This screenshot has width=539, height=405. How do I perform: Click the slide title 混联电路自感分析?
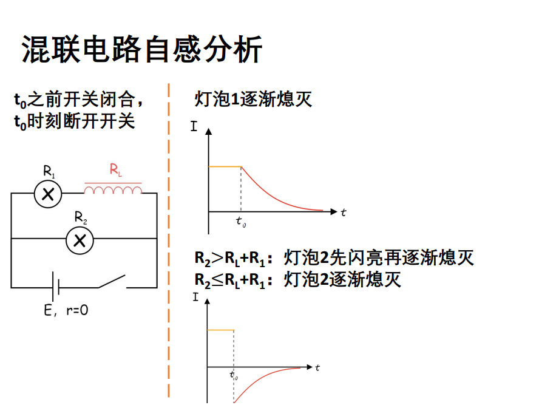[142, 49]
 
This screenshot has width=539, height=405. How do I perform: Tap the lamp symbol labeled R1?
[48, 194]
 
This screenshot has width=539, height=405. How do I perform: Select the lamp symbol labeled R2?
[80, 240]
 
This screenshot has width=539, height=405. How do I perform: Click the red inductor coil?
[113, 189]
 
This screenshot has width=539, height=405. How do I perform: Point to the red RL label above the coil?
[116, 169]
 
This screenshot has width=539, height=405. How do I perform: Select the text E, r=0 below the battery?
[66, 310]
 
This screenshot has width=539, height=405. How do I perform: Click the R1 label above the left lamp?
[49, 171]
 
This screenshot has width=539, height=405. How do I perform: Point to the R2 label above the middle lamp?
[81, 217]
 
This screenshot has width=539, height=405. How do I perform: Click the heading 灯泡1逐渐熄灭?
[253, 100]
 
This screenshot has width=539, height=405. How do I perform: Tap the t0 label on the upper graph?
[241, 222]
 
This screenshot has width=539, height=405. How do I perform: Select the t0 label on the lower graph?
[234, 375]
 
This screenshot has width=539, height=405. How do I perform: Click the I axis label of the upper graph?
[194, 126]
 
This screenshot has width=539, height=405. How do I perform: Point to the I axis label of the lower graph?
[195, 297]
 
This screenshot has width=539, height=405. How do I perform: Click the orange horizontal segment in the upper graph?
[225, 167]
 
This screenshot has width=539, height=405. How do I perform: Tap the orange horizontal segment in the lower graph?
[221, 330]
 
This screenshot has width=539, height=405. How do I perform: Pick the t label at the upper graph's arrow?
[344, 213]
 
